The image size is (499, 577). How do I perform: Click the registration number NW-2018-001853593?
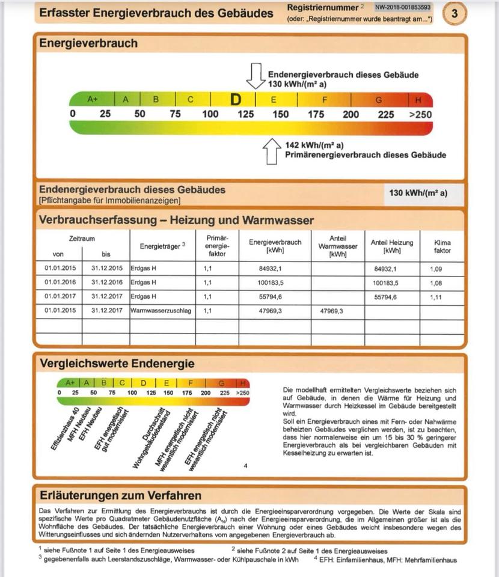[x=403, y=8]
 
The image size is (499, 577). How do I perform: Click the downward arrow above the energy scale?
[x=256, y=76]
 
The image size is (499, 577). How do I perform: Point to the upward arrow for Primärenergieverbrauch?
[x=272, y=151]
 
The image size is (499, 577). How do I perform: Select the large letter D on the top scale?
[x=236, y=99]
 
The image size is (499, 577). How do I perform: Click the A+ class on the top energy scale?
[x=93, y=99]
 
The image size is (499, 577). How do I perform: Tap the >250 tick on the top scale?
[x=420, y=114]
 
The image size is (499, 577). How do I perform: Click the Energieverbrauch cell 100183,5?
[x=275, y=282]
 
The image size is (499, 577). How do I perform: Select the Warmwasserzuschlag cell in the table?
[x=162, y=311]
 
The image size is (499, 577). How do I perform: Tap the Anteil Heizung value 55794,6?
[x=385, y=296]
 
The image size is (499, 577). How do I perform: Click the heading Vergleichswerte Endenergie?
[x=117, y=364]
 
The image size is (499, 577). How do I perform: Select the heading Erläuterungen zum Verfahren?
[x=120, y=495]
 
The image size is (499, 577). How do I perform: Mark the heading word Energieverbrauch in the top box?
[x=88, y=43]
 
